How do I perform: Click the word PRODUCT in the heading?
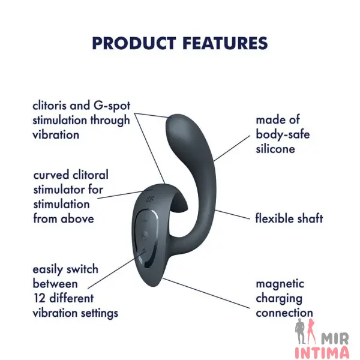click(134, 43)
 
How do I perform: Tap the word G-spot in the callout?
click(112, 106)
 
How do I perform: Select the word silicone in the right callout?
click(275, 149)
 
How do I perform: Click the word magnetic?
click(280, 284)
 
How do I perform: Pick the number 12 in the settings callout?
click(40, 298)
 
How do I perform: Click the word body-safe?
click(283, 134)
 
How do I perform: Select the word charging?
click(279, 299)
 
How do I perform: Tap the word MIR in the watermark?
click(335, 339)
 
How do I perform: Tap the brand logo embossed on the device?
click(149, 199)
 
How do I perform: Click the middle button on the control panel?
click(145, 235)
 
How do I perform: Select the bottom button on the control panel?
click(144, 250)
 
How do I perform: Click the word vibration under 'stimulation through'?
click(56, 134)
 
